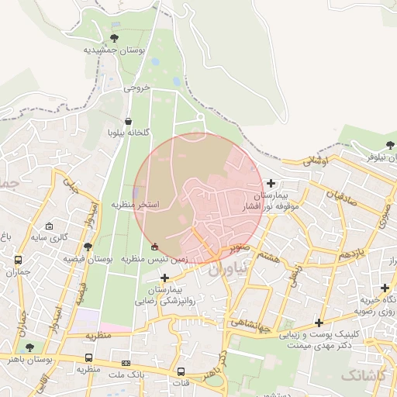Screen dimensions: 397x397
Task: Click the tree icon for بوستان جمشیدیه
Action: (x=115, y=37)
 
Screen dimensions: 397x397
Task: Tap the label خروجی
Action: (x=136, y=88)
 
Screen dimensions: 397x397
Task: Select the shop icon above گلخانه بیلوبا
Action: (x=128, y=122)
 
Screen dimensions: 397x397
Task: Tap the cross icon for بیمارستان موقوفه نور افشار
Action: (x=270, y=182)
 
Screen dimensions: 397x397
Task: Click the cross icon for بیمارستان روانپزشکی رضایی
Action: (x=164, y=277)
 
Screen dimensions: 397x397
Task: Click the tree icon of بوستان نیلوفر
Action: (x=389, y=145)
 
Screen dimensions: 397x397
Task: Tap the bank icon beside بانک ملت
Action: (x=126, y=363)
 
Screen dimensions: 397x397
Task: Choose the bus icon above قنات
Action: (x=181, y=371)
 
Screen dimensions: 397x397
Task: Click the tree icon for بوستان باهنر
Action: (x=29, y=347)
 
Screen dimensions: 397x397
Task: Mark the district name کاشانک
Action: (x=361, y=375)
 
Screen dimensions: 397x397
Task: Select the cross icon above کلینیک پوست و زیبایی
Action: (x=319, y=323)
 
